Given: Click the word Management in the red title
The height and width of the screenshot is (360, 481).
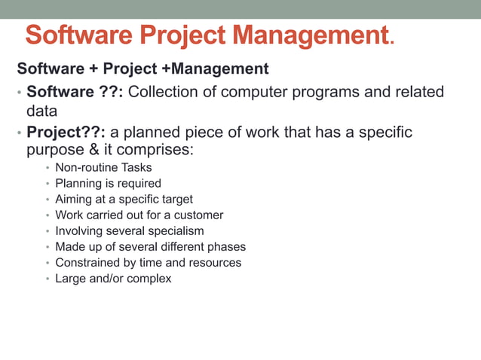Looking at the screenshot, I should [310, 35].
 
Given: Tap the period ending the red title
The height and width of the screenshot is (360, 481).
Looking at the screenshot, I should [391, 42].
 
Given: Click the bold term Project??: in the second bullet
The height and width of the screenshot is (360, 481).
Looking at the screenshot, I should [66, 133].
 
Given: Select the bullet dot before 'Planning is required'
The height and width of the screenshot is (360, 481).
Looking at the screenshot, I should [47, 184].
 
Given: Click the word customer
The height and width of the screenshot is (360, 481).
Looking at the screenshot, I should [198, 215].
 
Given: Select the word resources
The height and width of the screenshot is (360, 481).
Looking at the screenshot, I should [216, 262].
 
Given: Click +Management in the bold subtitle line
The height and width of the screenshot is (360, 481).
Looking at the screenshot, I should [216, 69].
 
